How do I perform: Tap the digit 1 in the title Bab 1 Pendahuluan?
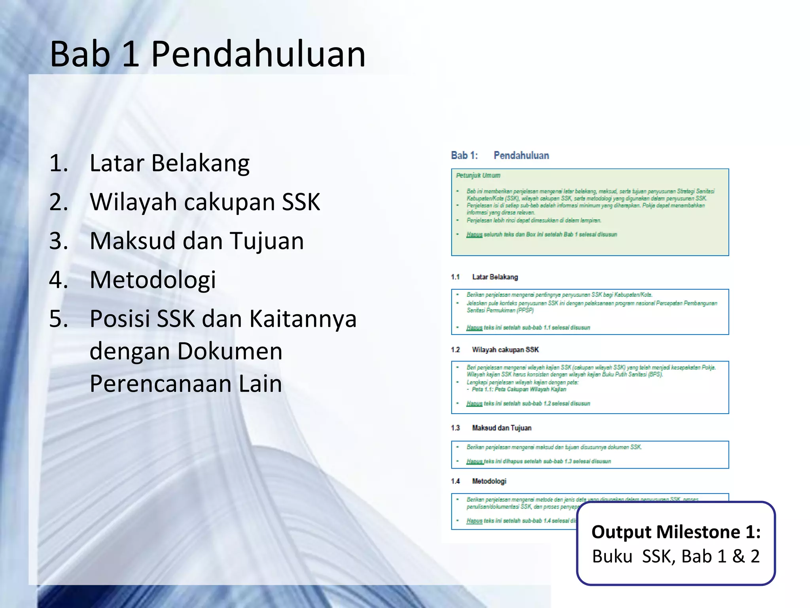tap(130, 54)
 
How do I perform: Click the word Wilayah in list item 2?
tap(133, 202)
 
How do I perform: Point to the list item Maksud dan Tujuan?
tap(197, 241)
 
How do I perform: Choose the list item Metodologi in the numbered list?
tap(153, 279)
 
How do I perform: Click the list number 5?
tap(59, 319)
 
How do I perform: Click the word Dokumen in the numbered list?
tap(230, 351)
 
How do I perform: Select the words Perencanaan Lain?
tap(186, 384)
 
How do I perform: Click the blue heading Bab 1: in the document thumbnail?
tap(464, 156)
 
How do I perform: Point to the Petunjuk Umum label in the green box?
tap(478, 175)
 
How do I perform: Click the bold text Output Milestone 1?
tap(676, 532)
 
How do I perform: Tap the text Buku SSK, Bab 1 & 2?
tap(676, 557)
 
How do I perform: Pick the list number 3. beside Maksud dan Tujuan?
tap(59, 241)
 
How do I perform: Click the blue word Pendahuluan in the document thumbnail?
tap(521, 156)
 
